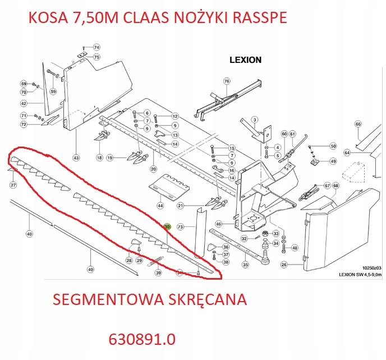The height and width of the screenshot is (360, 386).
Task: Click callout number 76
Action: (227, 81)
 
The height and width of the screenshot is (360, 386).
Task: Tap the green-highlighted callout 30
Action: (167, 227)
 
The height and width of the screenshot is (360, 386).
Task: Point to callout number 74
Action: (96, 48)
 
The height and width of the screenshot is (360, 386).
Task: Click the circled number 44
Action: (160, 206)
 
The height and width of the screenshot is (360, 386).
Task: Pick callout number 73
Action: (180, 227)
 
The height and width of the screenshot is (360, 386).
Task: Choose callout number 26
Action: (284, 265)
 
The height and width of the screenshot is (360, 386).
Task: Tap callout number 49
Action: (333, 162)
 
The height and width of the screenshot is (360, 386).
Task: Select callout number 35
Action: (245, 265)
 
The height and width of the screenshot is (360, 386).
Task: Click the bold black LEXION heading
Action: (245, 60)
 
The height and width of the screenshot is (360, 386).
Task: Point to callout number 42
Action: (24, 104)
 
